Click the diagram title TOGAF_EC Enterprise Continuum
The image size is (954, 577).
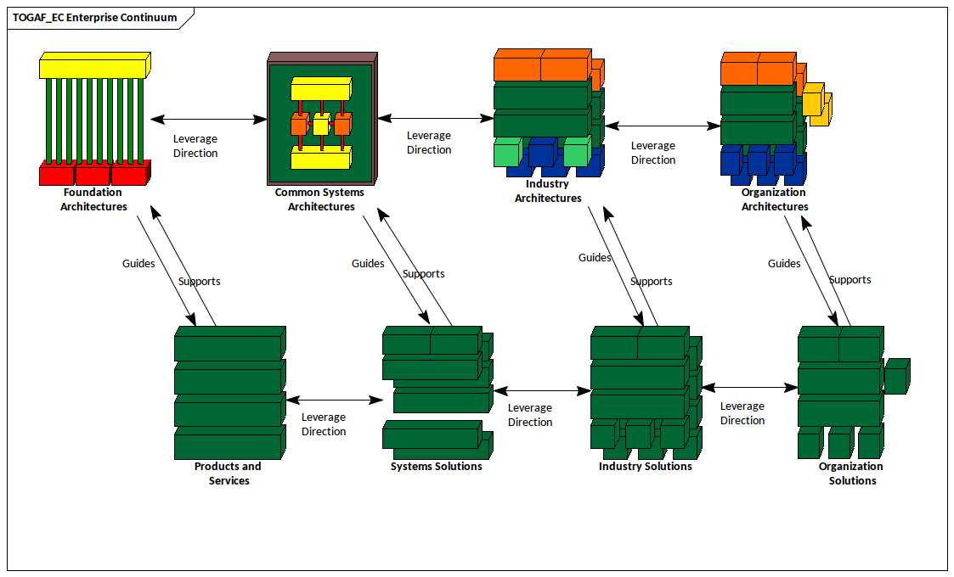coord(95,17)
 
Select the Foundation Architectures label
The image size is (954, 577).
coord(93,199)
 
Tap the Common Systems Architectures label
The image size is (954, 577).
coord(320,199)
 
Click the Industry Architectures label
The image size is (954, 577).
coord(548,191)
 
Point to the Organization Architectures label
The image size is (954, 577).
coord(774,199)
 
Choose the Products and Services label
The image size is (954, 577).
coord(228,473)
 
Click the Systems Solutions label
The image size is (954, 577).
coord(436,467)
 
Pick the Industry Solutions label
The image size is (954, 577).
coord(645,467)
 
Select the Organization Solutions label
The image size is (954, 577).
coord(851,473)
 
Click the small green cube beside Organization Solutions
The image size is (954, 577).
coord(896,376)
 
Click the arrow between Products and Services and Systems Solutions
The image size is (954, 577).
coord(334,400)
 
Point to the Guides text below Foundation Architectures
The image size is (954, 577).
coord(138,264)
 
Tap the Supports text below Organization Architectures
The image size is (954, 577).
coord(850,280)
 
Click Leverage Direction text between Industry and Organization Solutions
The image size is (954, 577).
coord(742,413)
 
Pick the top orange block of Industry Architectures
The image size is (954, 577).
coord(542,66)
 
